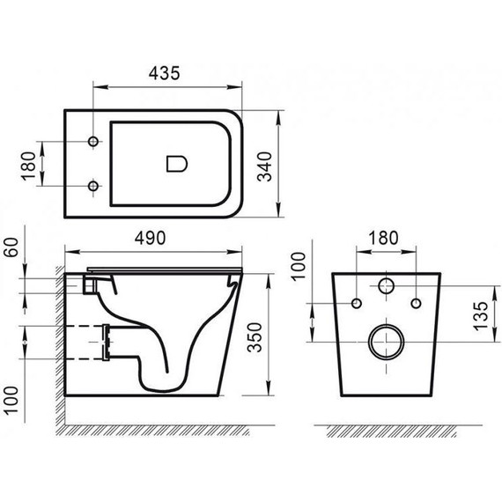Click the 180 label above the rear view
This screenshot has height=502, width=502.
click(385, 238)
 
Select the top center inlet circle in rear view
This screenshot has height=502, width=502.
click(385, 285)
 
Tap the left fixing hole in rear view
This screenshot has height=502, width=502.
click(357, 304)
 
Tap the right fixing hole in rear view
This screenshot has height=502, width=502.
click(413, 304)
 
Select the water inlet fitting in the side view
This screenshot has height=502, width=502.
click(88, 284)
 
